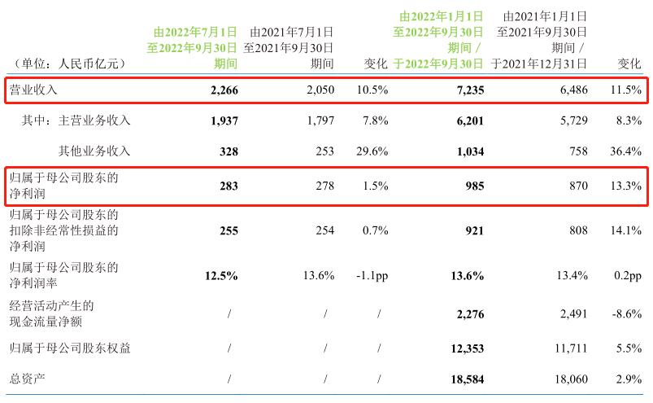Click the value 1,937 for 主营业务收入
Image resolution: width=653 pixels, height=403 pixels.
coord(221,120)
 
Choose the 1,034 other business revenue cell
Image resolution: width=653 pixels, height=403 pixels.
coord(467,151)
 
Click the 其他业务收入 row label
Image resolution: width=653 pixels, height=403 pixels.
coord(94,151)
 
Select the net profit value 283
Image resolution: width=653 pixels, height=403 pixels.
coord(228,186)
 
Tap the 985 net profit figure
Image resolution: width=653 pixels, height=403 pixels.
coord(472,186)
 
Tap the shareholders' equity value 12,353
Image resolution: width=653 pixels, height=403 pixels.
coord(464,349)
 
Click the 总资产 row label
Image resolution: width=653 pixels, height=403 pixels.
coord(27,380)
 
